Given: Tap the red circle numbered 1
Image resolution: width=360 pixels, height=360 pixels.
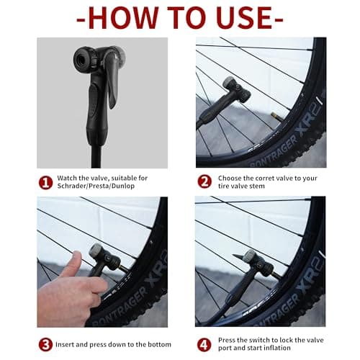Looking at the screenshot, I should coord(45,182).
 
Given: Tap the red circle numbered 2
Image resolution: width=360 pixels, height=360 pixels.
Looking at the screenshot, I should coord(204,182).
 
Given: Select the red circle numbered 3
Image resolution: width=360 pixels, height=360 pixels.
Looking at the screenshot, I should coord(45,343).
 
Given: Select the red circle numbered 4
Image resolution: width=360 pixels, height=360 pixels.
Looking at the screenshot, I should coord(204,343).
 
